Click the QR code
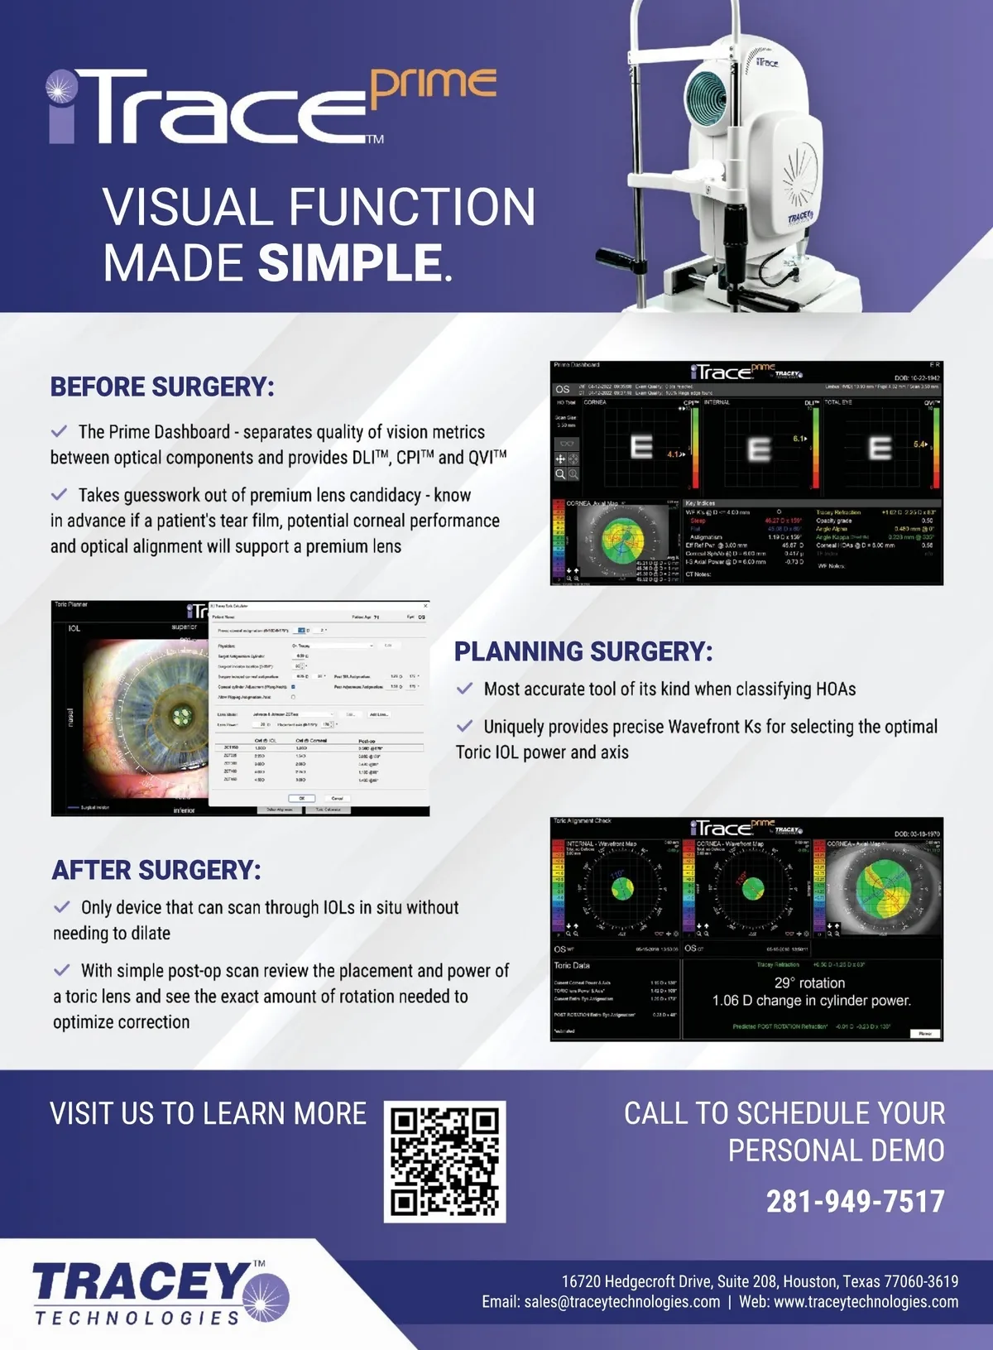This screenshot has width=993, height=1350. (x=444, y=1160)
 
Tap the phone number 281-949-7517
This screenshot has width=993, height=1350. (x=855, y=1201)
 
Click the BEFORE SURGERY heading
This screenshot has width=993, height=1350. (x=162, y=387)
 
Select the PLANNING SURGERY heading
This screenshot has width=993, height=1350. (x=583, y=651)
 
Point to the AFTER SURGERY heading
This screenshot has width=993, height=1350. (x=156, y=870)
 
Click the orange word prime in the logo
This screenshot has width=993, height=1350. (x=433, y=86)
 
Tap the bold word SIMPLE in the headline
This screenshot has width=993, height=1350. (x=350, y=262)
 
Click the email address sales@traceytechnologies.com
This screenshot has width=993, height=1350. (x=621, y=1302)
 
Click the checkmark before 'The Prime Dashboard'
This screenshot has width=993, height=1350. (x=60, y=431)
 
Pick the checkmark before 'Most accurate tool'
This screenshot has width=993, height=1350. (x=465, y=689)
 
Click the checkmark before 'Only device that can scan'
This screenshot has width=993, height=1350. (x=62, y=907)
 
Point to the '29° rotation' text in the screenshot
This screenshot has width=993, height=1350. (x=809, y=982)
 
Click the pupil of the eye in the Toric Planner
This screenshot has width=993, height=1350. (x=180, y=714)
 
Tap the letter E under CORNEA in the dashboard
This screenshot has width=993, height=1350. (x=641, y=448)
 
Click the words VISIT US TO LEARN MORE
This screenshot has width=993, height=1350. (x=208, y=1113)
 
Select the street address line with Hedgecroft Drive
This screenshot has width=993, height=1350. (x=760, y=1281)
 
